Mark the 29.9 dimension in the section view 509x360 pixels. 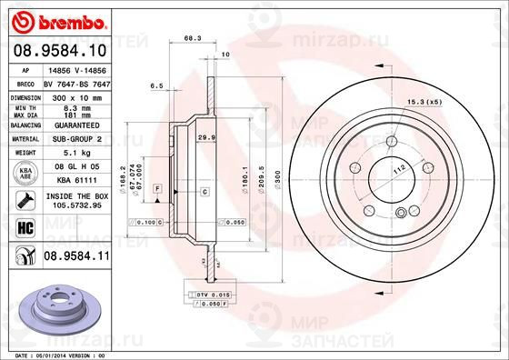coord(205,136)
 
